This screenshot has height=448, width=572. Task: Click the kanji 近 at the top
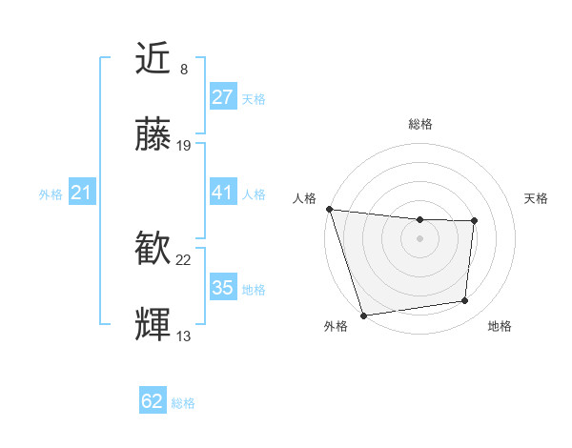click(153, 60)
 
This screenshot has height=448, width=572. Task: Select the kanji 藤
click(153, 135)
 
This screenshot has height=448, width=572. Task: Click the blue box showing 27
click(222, 97)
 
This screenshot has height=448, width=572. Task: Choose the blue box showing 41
click(222, 193)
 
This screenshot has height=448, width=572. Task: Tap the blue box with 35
click(222, 288)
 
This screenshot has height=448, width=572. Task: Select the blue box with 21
click(81, 193)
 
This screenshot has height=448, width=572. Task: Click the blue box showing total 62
click(153, 401)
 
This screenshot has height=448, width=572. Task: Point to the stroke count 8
click(183, 70)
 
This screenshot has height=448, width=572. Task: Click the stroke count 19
click(184, 146)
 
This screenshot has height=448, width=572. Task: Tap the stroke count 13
click(184, 336)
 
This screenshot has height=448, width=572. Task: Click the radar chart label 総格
click(419, 124)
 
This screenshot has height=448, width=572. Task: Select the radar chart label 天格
click(536, 198)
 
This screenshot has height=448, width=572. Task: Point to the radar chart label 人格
click(305, 198)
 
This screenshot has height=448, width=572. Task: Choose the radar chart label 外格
click(335, 326)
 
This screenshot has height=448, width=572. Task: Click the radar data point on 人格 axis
click(330, 209)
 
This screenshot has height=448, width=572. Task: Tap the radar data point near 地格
click(465, 301)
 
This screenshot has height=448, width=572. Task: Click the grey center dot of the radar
click(419, 238)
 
